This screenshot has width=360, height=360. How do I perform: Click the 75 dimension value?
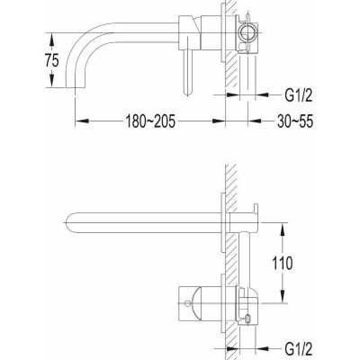coord(52,61)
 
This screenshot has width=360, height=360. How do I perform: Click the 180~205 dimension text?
coord(150,121)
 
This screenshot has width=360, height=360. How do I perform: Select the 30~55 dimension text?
coord(295,121)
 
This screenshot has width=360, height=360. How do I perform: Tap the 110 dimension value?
coord(282,263)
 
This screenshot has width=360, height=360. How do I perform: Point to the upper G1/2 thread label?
coord(298,95)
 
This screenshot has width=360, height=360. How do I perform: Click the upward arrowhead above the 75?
coord(52,40)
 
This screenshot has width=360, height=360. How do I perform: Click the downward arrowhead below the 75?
coord(52,80)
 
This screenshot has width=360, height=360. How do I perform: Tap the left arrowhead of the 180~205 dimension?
coord(82,121)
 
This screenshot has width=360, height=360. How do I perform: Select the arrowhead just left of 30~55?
coord(255,121)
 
